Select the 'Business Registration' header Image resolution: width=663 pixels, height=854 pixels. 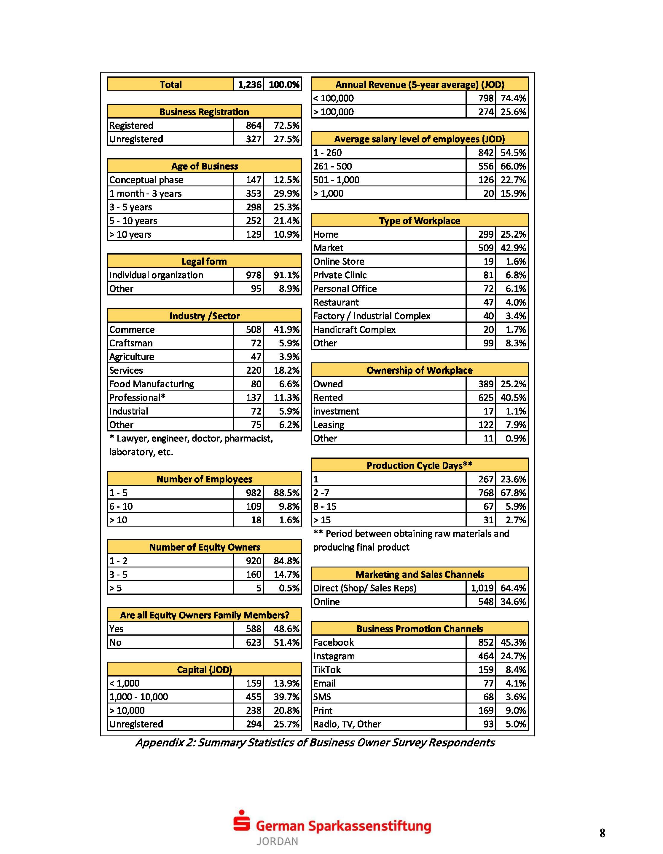tap(204, 112)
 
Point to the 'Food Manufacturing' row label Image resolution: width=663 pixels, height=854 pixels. tap(152, 384)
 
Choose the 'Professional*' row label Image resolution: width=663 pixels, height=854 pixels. tap(137, 398)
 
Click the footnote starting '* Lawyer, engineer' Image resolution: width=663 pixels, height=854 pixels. tap(191, 439)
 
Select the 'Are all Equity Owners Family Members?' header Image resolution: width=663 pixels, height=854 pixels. tap(204, 615)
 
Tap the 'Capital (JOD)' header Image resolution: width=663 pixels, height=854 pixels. tap(204, 669)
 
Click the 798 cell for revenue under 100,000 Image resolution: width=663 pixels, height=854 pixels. tap(485, 98)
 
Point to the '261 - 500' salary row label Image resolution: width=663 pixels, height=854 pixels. tap(332, 166)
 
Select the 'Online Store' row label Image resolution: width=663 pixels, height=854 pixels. tap(339, 261)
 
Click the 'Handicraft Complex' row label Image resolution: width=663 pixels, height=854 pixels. tap(354, 329)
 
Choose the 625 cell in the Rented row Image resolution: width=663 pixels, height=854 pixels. tap(485, 398)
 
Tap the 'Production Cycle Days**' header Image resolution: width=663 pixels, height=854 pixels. tap(419, 465)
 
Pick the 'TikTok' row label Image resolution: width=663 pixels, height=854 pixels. tap(327, 669)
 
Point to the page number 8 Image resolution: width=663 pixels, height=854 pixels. tap(602, 833)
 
